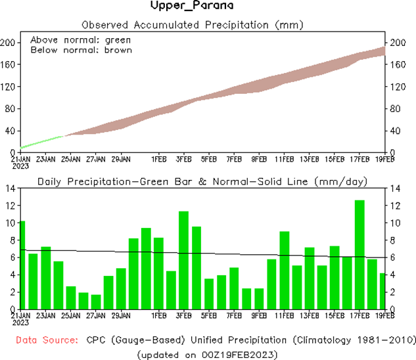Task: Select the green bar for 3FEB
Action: pyautogui.click(x=184, y=260)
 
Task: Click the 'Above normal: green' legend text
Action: pyautogui.click(x=72, y=39)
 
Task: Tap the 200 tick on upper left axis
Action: pyautogui.click(x=9, y=43)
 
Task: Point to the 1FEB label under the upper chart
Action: pyautogui.click(x=158, y=159)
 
